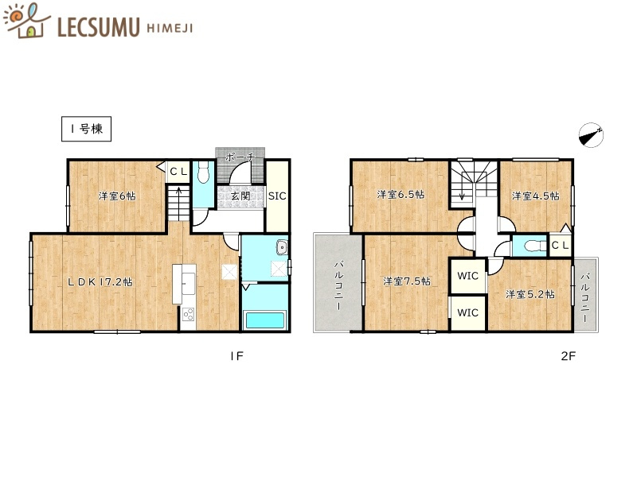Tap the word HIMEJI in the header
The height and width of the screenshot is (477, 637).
(x=170, y=28)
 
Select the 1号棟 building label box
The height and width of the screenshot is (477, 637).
(x=86, y=130)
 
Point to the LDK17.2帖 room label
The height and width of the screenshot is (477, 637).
(x=100, y=282)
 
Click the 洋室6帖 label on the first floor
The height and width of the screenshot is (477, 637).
(x=116, y=196)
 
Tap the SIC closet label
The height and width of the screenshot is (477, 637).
(x=277, y=196)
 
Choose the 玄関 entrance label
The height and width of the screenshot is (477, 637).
(x=240, y=196)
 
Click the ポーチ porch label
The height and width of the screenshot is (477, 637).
(x=239, y=157)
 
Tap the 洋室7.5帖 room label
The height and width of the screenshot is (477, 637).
(x=406, y=281)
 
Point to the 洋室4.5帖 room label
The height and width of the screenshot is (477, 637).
(x=534, y=196)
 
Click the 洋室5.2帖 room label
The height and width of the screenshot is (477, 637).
(x=530, y=294)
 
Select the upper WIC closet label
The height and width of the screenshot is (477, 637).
(x=467, y=277)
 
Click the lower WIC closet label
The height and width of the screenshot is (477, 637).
(x=467, y=312)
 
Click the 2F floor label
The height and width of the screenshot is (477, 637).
(x=566, y=356)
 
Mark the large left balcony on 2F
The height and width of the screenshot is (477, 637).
(x=338, y=284)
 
